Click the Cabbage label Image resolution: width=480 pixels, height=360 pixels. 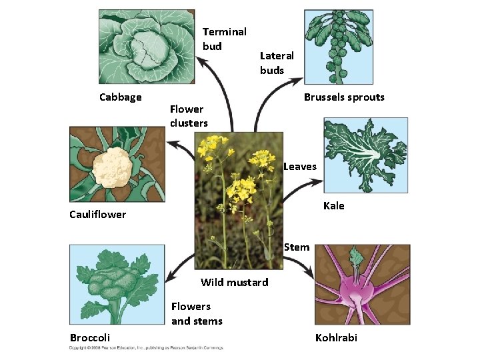[x=121, y=97]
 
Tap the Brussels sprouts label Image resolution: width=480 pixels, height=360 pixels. [x=344, y=97]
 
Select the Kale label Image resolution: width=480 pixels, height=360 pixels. [x=334, y=206]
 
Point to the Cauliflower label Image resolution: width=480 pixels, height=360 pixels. [x=97, y=215]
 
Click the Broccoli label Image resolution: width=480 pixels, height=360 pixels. [x=90, y=337]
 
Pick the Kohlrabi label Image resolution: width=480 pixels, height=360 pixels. [x=336, y=337]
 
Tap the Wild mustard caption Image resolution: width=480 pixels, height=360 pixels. [x=235, y=283]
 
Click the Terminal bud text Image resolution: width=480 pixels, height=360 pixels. [x=224, y=39]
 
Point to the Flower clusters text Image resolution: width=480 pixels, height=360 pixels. [x=189, y=115]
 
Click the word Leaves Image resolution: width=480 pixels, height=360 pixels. [x=299, y=167]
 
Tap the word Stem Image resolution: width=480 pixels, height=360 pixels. [x=297, y=247]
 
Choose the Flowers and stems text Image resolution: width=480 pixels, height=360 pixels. [x=197, y=313]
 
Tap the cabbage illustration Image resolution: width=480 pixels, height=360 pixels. [x=147, y=47]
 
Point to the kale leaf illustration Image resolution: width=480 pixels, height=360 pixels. [x=365, y=155]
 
